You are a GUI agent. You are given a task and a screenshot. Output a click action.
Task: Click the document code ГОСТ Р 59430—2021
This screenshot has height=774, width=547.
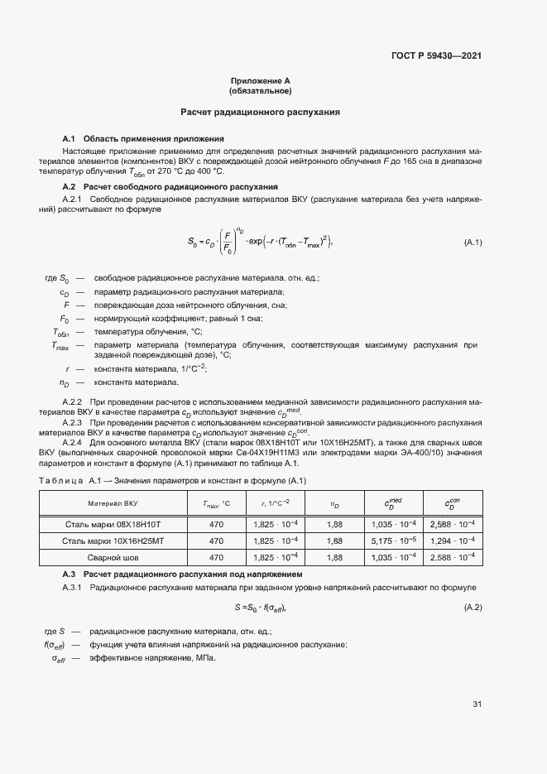coord(435,56)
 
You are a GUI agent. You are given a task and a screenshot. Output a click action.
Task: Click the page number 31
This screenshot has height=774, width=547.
coord(477,704)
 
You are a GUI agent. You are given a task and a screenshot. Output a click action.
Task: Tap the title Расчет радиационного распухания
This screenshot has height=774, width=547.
coord(261,111)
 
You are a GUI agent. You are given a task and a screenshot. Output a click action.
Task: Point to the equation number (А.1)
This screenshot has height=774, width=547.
coord(473,243)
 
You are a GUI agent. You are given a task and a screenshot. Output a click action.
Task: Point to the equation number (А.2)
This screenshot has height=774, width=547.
coord(473,608)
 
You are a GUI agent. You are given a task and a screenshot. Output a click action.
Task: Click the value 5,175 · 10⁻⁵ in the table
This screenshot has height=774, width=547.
coord(393,541)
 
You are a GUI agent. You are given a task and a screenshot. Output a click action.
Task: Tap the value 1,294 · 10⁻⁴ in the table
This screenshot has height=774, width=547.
coord(453,541)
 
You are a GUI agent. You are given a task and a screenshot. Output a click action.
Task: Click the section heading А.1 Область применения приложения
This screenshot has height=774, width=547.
coord(143,137)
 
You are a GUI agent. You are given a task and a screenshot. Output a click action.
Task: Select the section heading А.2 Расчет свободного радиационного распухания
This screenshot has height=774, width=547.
coord(170,187)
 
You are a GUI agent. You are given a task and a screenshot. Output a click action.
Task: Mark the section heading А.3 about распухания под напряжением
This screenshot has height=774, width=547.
coord(182,574)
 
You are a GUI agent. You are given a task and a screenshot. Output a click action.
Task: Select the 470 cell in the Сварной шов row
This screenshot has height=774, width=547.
coord(216,558)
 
